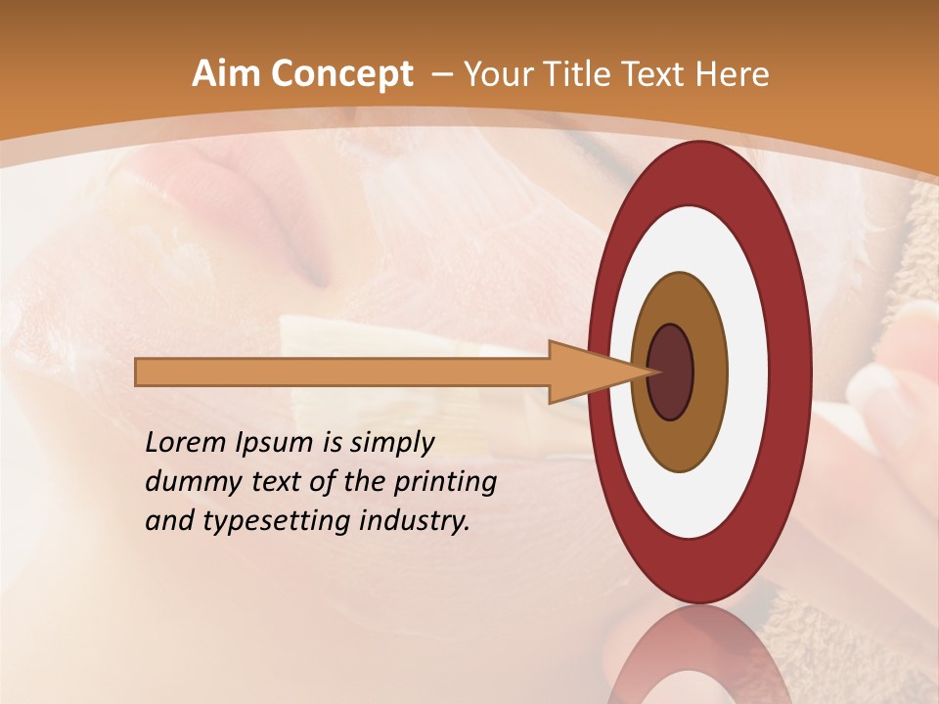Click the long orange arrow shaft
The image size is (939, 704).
[x=342, y=373]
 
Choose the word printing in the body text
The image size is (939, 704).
[x=446, y=483]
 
